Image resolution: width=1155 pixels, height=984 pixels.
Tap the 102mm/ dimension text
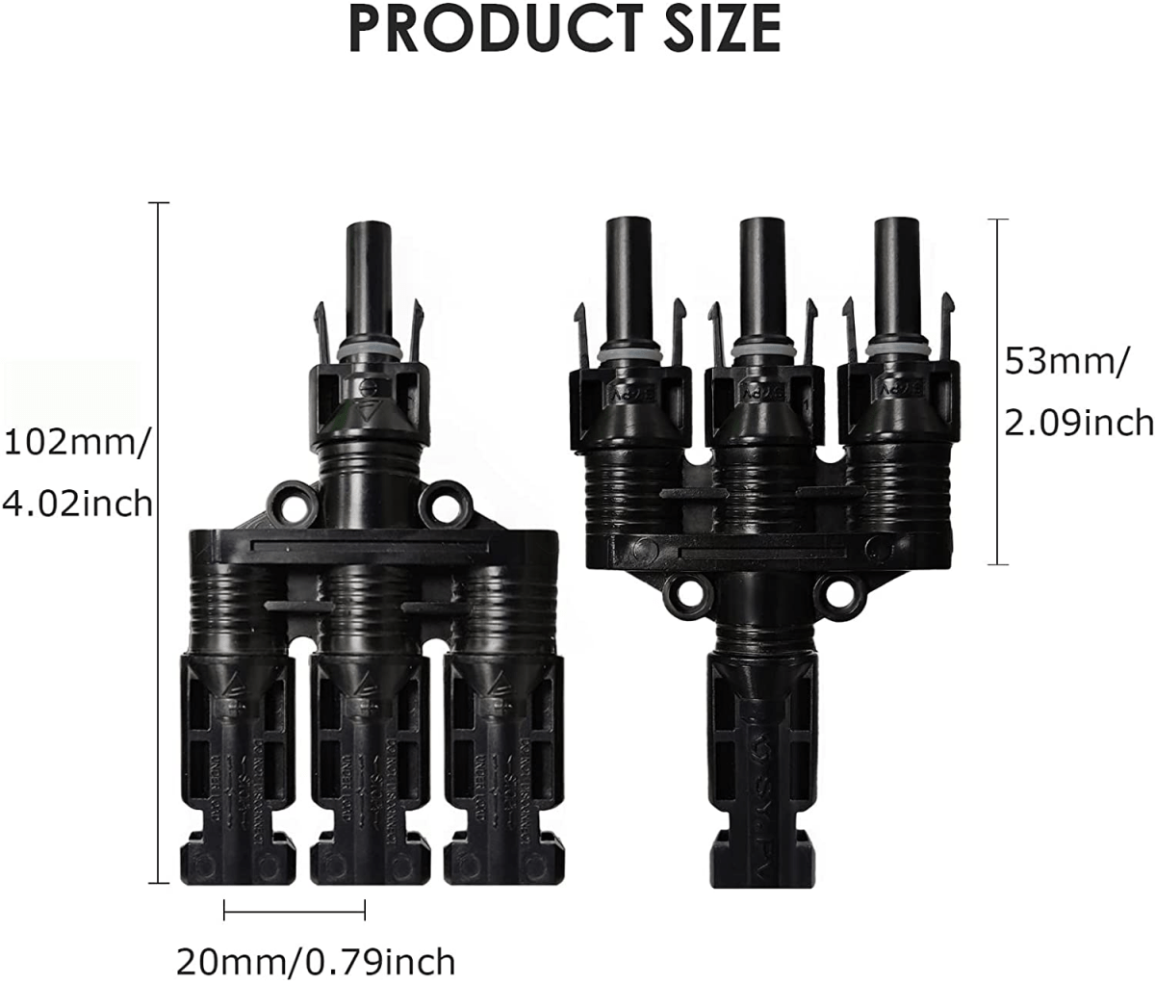click(77, 444)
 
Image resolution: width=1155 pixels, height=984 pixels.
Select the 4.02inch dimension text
click(77, 503)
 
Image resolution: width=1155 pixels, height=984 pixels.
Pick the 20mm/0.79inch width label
click(316, 960)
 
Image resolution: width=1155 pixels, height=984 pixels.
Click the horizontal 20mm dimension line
click(295, 909)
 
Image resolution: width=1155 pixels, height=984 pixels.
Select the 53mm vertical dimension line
click(997, 392)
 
